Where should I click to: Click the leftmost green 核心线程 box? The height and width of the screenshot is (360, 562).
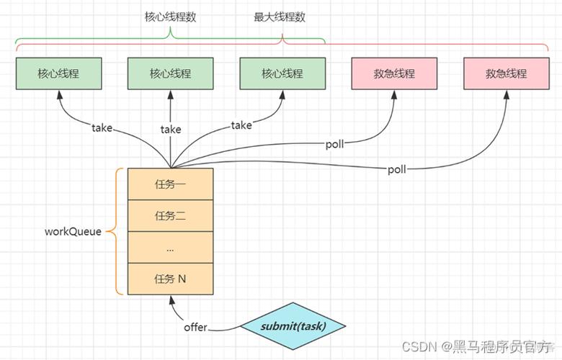[x=58, y=73]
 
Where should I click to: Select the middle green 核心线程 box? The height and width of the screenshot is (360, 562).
[x=171, y=73]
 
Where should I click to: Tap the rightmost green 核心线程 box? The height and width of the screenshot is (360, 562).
[x=282, y=73]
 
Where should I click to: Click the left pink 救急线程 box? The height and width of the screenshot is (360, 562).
[x=394, y=73]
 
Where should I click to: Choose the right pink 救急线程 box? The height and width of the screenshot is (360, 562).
[x=506, y=73]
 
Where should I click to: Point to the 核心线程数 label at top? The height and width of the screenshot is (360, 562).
[x=170, y=17]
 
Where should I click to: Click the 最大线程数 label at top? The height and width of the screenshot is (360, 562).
[x=282, y=17]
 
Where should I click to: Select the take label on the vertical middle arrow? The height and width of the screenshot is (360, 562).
[x=171, y=130]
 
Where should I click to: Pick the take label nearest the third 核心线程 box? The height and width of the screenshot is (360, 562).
[x=241, y=125]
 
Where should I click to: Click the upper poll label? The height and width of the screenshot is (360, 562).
[x=335, y=143]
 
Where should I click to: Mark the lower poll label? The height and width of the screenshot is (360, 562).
[x=397, y=170]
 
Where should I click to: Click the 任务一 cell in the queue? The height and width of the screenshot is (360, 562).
[x=171, y=184]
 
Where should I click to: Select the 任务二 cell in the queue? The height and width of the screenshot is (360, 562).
[x=171, y=215]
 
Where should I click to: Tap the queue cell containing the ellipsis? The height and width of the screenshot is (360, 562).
[x=171, y=247]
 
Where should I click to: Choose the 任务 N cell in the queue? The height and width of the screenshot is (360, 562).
[x=171, y=279]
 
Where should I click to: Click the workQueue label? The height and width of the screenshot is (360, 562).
[x=73, y=232]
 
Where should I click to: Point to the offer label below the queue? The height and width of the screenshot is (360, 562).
[x=195, y=328]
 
